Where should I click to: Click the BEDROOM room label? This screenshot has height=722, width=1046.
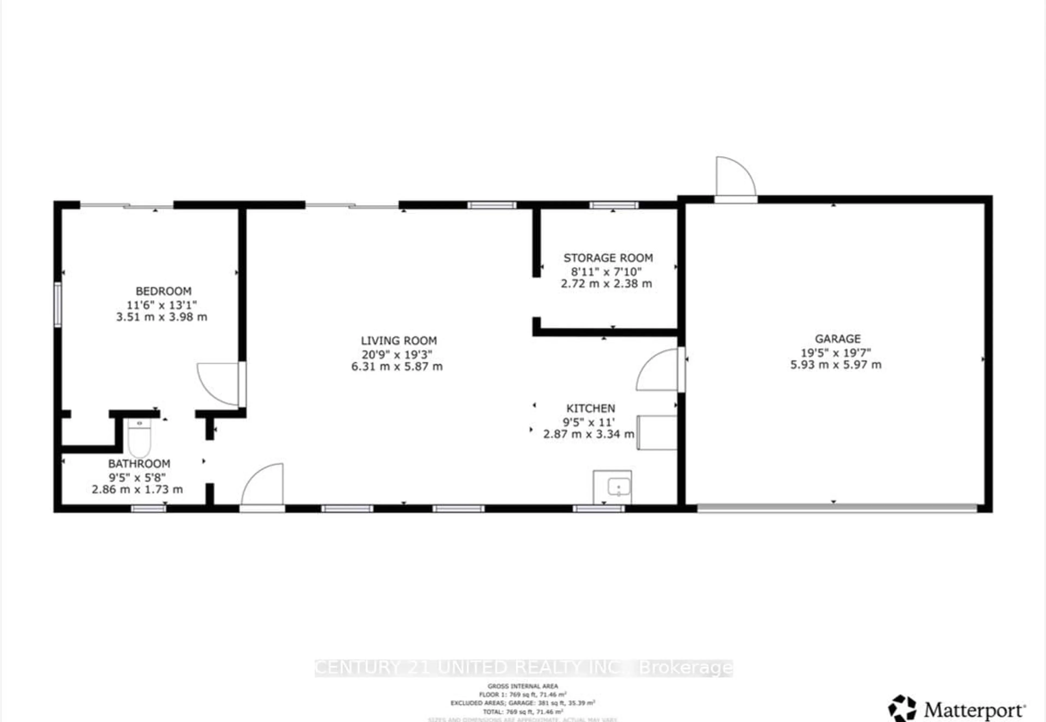click(x=163, y=291)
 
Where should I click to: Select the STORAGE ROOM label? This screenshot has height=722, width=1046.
click(x=608, y=258)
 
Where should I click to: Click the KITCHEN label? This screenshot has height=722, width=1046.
click(x=590, y=408)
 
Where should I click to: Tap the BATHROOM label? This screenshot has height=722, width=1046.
click(x=139, y=463)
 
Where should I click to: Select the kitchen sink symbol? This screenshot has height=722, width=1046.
click(x=618, y=487)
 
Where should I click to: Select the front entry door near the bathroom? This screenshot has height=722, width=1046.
click(x=263, y=486)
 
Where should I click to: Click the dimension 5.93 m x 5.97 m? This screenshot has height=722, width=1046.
click(x=835, y=365)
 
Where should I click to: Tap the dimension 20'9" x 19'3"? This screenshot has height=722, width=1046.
click(x=397, y=354)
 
